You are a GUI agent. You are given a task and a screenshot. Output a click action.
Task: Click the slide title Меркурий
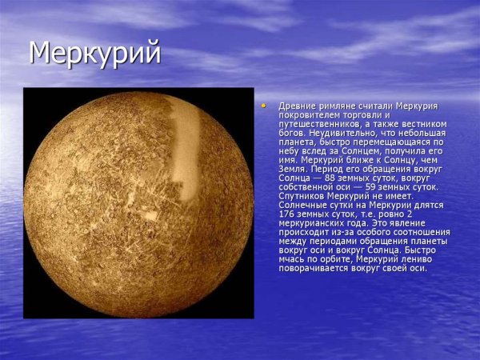pyautogui.click(x=94, y=53)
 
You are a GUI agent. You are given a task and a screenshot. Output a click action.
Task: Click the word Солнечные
pyautogui.click(x=302, y=205)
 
